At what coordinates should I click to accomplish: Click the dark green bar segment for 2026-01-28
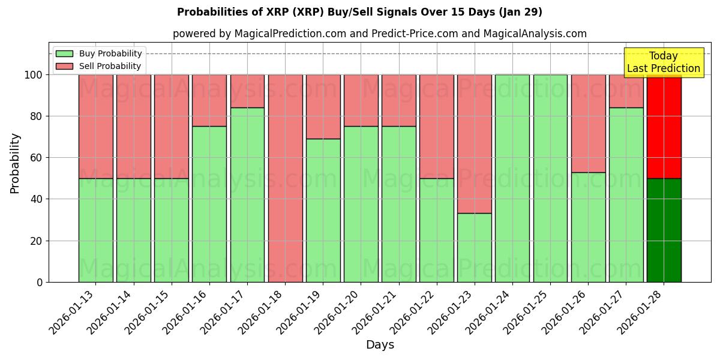point(664,230)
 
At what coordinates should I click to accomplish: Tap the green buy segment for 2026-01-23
point(474,247)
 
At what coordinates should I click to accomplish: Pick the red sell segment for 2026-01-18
point(285,178)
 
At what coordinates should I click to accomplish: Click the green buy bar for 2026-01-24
point(512,178)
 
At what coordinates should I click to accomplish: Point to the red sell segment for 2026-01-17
point(247,91)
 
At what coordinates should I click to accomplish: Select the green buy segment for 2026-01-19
point(323,210)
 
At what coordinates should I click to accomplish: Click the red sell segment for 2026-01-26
point(588,123)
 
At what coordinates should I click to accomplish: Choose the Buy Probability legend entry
point(99,53)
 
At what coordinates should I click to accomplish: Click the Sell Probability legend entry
point(99,66)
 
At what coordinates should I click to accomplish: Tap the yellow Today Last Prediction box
point(663,62)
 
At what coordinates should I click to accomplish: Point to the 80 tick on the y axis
point(37,116)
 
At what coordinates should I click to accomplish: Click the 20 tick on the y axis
point(37,241)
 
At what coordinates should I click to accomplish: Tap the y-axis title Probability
point(15,163)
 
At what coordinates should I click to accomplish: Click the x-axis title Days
point(380,345)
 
